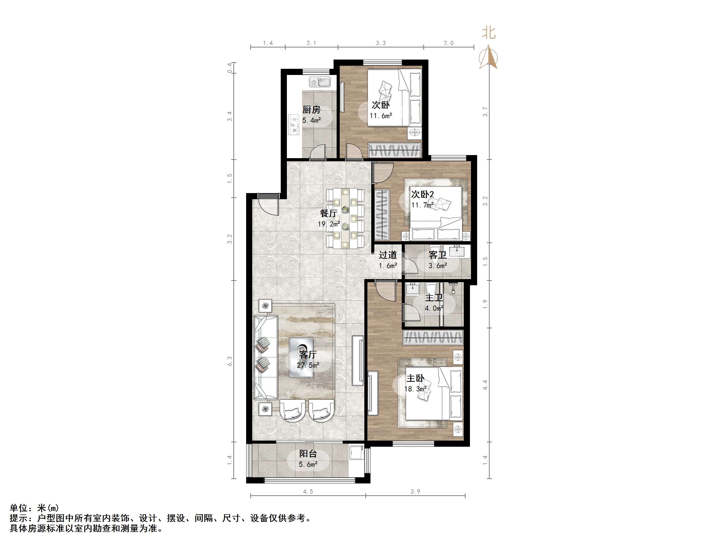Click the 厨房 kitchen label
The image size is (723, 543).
[311, 110]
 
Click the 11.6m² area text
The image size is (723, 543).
[381, 116]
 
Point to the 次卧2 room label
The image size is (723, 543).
[422, 194]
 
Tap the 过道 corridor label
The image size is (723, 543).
[388, 255]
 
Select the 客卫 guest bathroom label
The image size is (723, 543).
[438, 255]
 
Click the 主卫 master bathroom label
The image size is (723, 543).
[434, 298]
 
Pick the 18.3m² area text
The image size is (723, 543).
[415, 389]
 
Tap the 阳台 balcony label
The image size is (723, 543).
[308, 454]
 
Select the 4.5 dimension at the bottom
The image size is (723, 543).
[308, 491]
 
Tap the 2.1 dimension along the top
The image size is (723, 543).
[311, 43]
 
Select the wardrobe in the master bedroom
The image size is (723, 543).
[433, 337]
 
